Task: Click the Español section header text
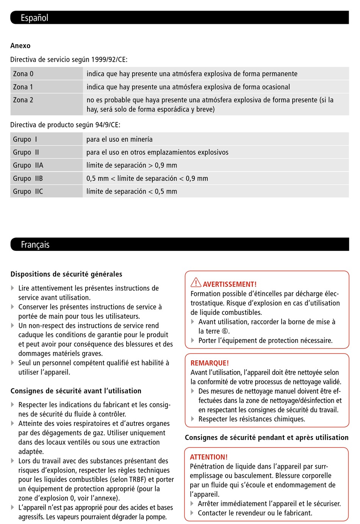coord(34,18)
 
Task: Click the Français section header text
coord(35,245)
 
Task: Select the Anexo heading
coord(20,46)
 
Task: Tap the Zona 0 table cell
coord(23,74)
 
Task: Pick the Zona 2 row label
coord(23,100)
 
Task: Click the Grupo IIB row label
coord(28,178)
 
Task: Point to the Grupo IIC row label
coord(28,191)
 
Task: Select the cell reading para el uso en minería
coord(119,139)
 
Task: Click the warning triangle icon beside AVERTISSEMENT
coord(196,283)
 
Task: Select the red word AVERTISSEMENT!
coord(230,285)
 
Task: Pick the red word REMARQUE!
coord(210,363)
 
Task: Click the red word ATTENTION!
coord(209,457)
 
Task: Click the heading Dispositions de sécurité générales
coord(66,274)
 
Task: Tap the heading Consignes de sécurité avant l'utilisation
coord(76,391)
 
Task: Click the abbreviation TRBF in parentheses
coord(137,480)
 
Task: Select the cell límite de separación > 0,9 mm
coord(131,166)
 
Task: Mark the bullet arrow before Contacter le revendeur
coord(193,513)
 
